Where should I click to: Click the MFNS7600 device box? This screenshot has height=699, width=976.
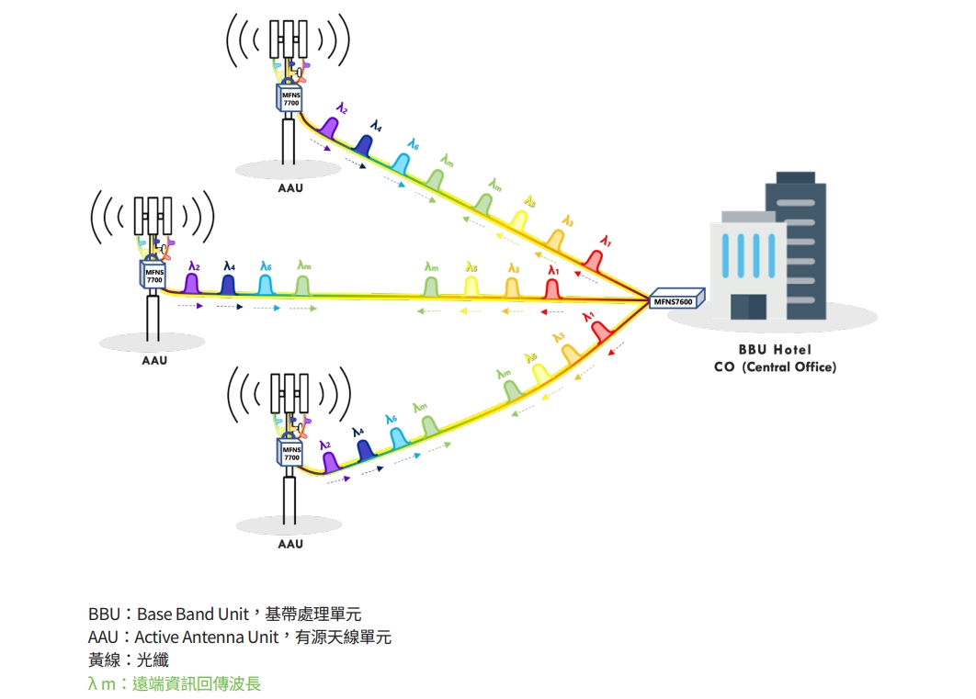pyautogui.click(x=675, y=299)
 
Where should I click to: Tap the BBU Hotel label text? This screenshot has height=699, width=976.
pyautogui.click(x=775, y=350)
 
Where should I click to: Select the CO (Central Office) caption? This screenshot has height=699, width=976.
pyautogui.click(x=775, y=367)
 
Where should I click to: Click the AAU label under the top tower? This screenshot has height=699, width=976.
pyautogui.click(x=289, y=188)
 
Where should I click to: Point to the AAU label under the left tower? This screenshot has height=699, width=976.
pyautogui.click(x=154, y=360)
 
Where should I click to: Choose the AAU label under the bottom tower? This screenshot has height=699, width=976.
pyautogui.click(x=290, y=544)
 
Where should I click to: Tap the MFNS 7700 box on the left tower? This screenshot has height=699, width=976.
pyautogui.click(x=154, y=275)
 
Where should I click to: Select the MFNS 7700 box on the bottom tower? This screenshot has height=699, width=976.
pyautogui.click(x=290, y=452)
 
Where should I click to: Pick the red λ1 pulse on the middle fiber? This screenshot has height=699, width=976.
pyautogui.click(x=552, y=287)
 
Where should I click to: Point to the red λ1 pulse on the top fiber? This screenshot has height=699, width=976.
pyautogui.click(x=595, y=259)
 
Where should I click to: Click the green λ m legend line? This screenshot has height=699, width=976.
pyautogui.click(x=175, y=683)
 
